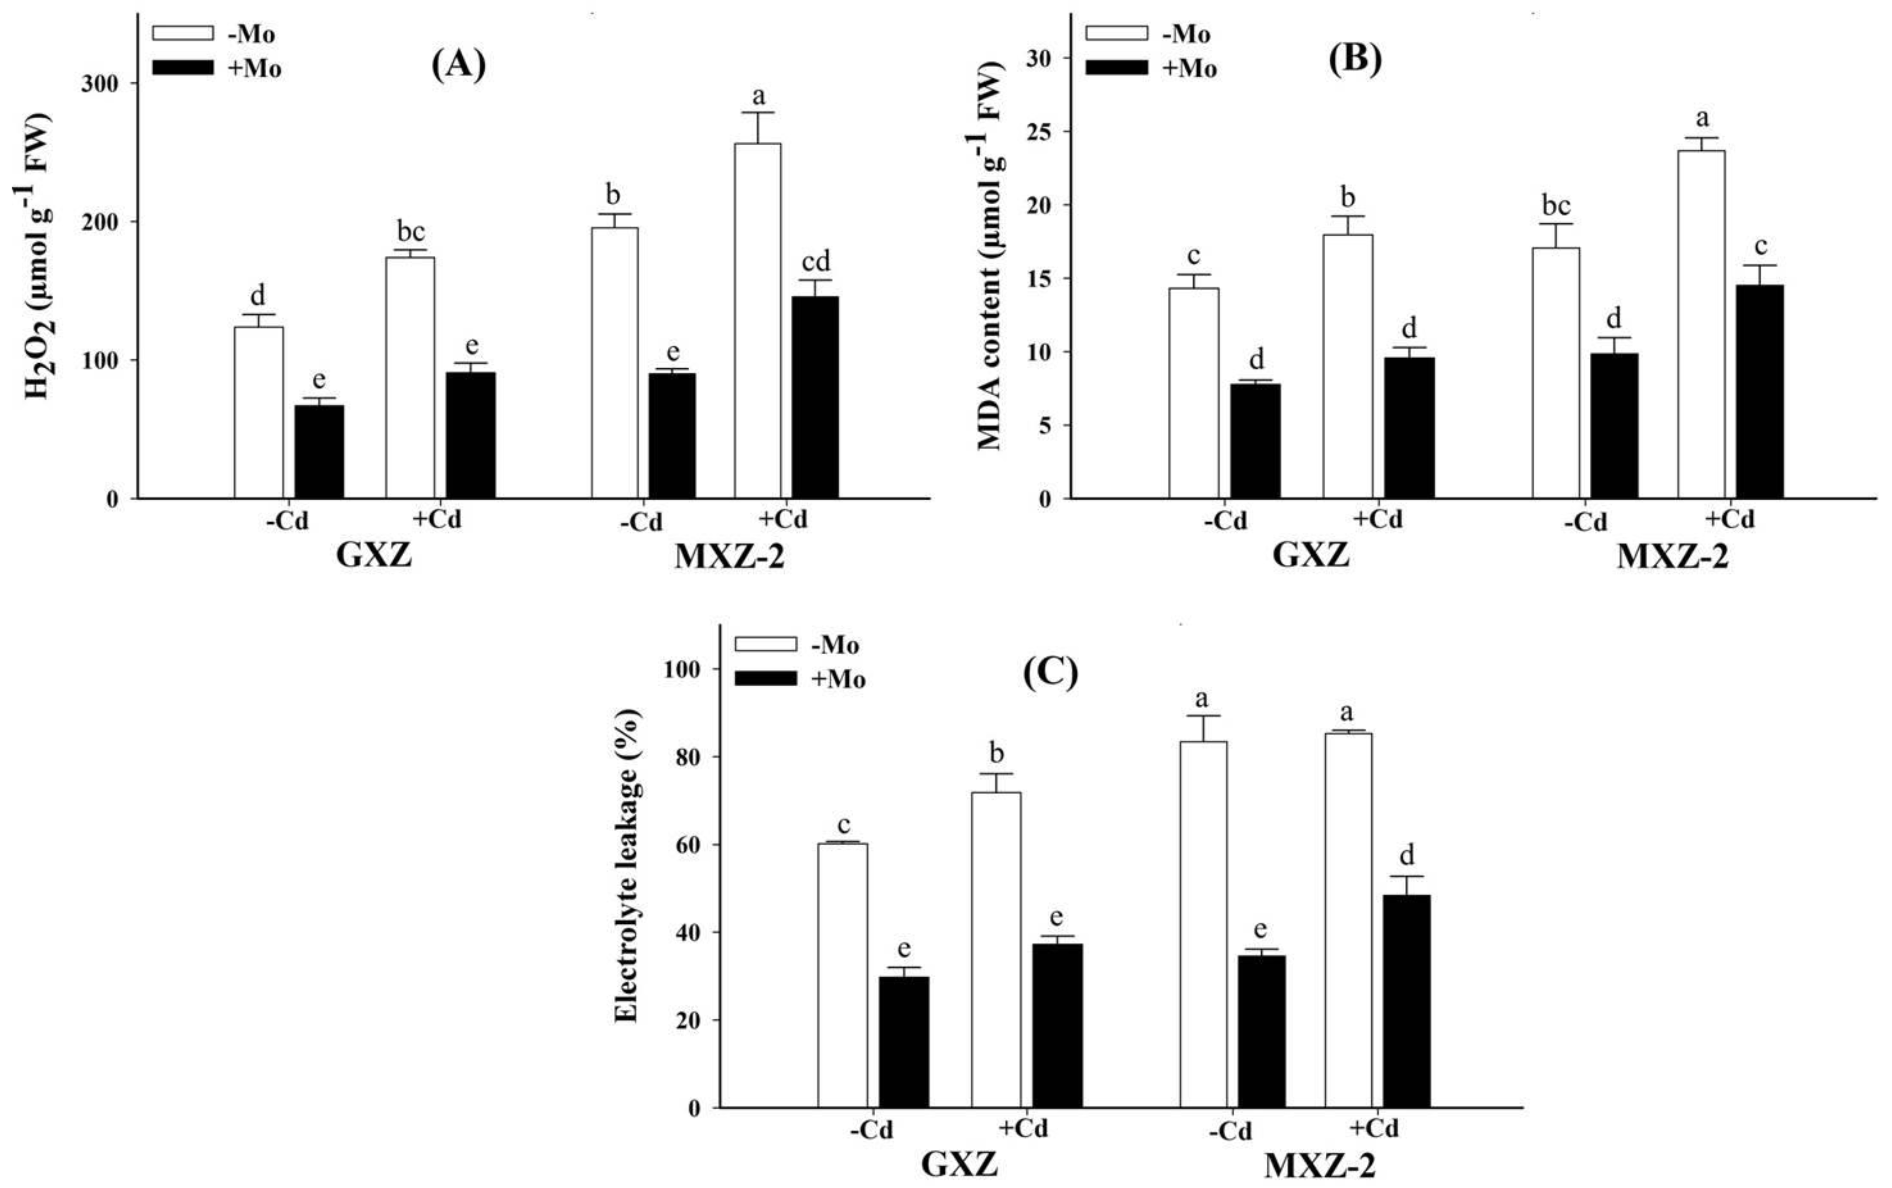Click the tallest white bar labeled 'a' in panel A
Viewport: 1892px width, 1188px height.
(757, 320)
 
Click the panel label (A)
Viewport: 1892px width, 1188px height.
(459, 65)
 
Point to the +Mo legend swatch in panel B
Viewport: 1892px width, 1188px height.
(1116, 69)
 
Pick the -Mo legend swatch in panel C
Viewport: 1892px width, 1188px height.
(765, 645)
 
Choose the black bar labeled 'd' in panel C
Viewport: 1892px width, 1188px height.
(1406, 1001)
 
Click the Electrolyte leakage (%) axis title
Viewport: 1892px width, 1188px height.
(626, 865)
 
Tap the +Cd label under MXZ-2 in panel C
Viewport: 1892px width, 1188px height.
(1375, 1128)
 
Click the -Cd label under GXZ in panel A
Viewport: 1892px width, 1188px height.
(287, 521)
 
